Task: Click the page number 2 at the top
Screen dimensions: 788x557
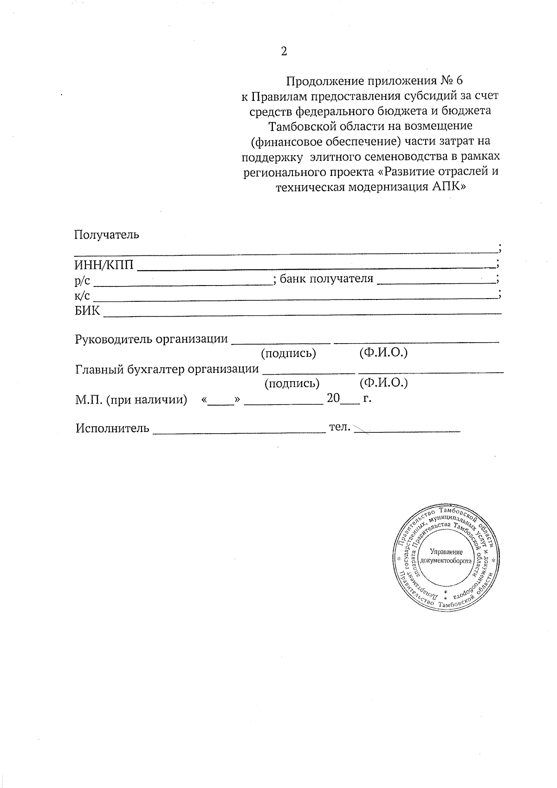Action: [284, 51]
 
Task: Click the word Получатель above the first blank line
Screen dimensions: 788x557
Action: [107, 234]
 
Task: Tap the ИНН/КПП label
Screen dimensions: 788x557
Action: [104, 265]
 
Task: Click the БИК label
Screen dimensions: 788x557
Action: [87, 311]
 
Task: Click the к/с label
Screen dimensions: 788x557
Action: [82, 295]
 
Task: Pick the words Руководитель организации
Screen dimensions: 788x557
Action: [152, 339]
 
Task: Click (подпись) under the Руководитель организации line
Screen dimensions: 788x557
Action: [289, 353]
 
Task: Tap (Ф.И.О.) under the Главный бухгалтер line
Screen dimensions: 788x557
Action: [383, 383]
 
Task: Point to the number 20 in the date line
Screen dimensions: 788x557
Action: [334, 398]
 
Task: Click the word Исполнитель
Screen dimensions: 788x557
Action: [113, 428]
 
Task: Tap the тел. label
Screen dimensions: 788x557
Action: [339, 427]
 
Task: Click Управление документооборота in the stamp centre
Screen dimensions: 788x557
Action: [446, 556]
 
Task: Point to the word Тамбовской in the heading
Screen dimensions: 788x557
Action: [305, 126]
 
